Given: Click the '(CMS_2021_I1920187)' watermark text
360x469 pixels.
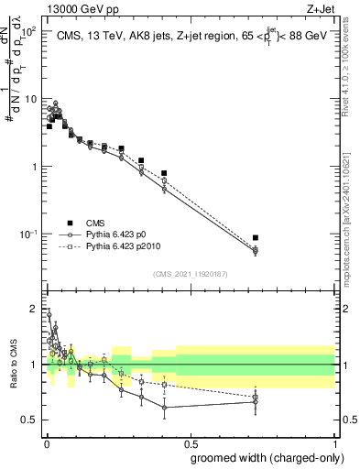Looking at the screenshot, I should tap(189, 274).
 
